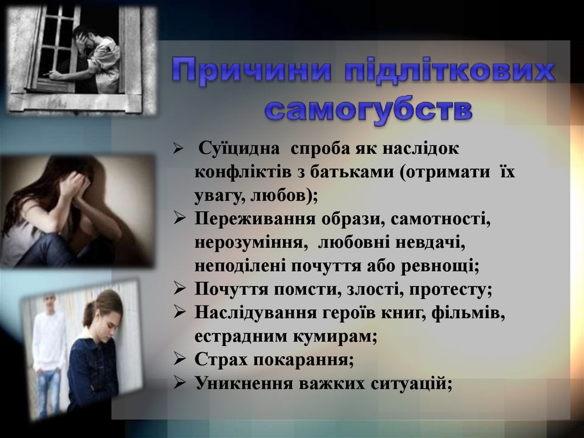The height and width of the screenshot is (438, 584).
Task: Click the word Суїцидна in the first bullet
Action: [x=239, y=148]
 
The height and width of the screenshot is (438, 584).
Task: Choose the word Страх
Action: [x=221, y=359]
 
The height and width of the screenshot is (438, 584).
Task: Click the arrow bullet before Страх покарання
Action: [x=180, y=359]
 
